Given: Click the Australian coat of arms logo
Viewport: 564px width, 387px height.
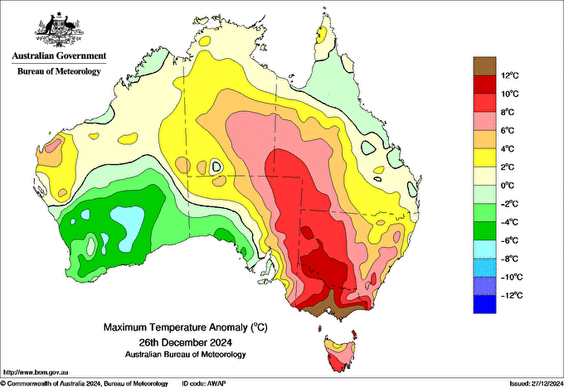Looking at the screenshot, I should point(58,30).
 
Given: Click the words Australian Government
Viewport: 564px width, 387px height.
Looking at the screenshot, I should point(59,56).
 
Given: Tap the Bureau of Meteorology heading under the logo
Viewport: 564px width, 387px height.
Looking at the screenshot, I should point(59,71).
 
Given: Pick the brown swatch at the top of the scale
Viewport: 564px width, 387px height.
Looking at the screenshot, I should point(484,65).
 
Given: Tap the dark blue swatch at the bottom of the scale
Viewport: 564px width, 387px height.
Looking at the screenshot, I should point(484,304).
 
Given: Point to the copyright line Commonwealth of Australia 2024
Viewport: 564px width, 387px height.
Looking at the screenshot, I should point(83,382).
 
